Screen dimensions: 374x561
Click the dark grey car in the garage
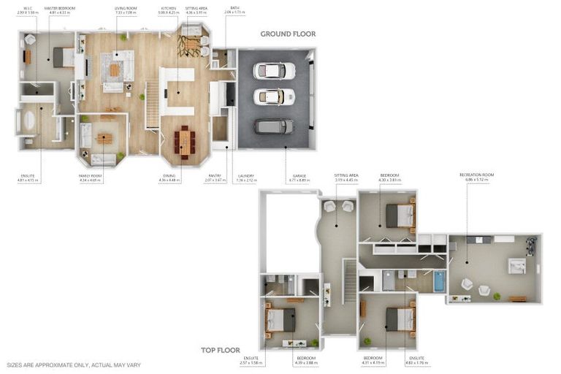click(274, 126)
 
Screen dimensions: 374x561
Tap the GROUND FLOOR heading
click(289, 34)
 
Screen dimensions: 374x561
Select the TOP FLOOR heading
click(221, 351)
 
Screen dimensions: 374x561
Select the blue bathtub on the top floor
click(439, 281)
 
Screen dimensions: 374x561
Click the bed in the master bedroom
click(63, 57)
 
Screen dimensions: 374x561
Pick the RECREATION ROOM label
click(476, 175)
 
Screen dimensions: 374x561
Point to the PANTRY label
click(215, 175)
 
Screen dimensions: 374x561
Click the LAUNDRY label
click(246, 175)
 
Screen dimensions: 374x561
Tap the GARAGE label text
click(299, 175)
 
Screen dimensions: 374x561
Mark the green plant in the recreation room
click(497, 296)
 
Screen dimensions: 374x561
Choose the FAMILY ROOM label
click(90, 175)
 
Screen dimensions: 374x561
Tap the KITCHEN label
click(168, 9)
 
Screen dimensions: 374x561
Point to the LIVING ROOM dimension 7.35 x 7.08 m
click(125, 13)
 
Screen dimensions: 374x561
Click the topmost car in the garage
click(274, 71)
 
